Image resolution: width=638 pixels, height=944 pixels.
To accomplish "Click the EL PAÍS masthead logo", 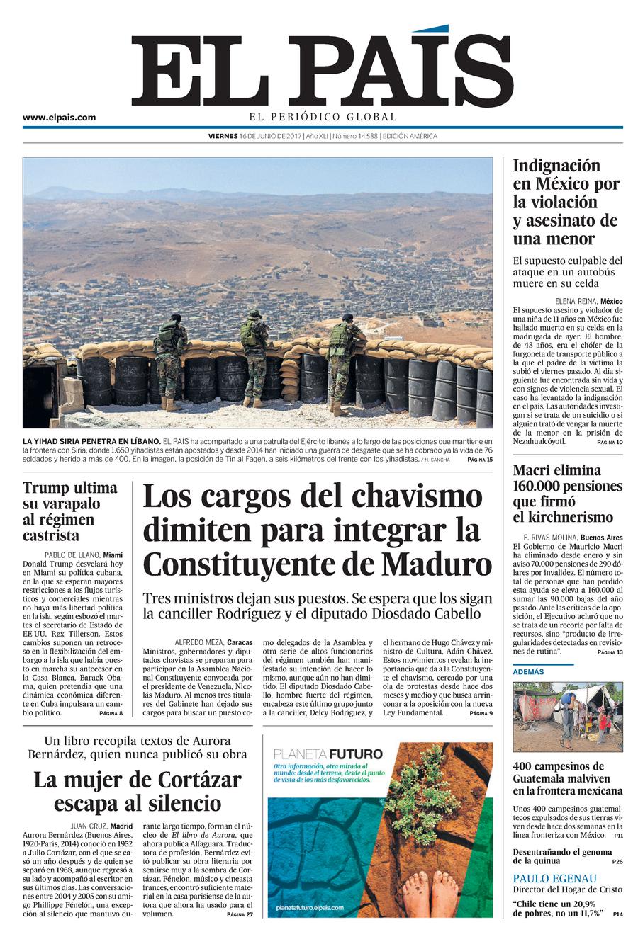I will pyautogui.click(x=322, y=71).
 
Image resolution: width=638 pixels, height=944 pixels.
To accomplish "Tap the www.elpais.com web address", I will pyautogui.click(x=59, y=118).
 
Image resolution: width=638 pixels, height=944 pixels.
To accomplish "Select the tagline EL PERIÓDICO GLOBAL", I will pyautogui.click(x=322, y=118).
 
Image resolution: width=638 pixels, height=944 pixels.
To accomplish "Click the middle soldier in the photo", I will pyautogui.click(x=253, y=358).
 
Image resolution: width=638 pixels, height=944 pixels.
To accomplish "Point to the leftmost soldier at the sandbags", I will pyautogui.click(x=170, y=361).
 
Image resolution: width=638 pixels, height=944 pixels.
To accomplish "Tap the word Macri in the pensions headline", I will pyautogui.click(x=536, y=470).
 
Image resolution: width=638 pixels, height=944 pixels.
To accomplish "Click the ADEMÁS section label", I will pyautogui.click(x=528, y=671).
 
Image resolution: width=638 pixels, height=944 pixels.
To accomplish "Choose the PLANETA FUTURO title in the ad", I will pyautogui.click(x=328, y=754).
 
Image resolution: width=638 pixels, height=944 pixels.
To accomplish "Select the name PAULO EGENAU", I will pyautogui.click(x=555, y=878).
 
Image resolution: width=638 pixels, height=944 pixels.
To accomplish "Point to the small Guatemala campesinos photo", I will pyautogui.click(x=567, y=716).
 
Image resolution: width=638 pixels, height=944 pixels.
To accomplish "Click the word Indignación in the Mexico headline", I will pyautogui.click(x=556, y=166).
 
